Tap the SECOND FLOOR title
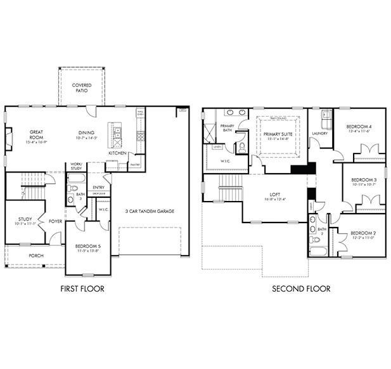(x=301, y=288)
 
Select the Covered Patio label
(x=81, y=87)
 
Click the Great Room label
(x=36, y=136)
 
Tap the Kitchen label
(x=117, y=153)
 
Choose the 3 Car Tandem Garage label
(x=150, y=211)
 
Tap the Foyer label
(x=56, y=221)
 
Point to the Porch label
(x=36, y=256)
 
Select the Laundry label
(x=319, y=133)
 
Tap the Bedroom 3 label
(x=364, y=182)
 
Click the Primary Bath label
(x=228, y=128)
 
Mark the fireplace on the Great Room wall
(x=8, y=138)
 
